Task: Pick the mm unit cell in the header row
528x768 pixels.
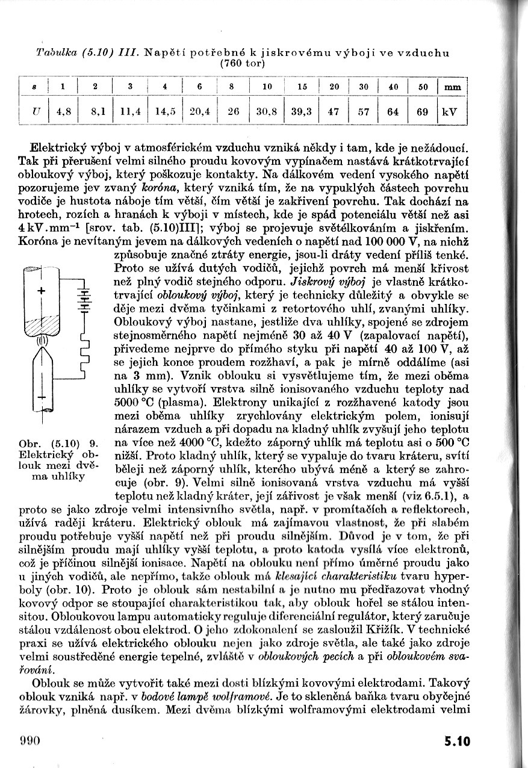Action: click(x=452, y=87)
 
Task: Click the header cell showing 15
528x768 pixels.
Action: click(x=302, y=87)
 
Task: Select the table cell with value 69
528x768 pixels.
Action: click(x=423, y=112)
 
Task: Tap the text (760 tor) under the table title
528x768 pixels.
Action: click(x=243, y=63)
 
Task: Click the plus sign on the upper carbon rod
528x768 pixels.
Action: click(x=41, y=291)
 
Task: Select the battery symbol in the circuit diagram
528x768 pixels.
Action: click(x=84, y=299)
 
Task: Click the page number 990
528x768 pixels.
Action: click(x=29, y=740)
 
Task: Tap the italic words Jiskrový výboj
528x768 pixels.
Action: click(x=325, y=282)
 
